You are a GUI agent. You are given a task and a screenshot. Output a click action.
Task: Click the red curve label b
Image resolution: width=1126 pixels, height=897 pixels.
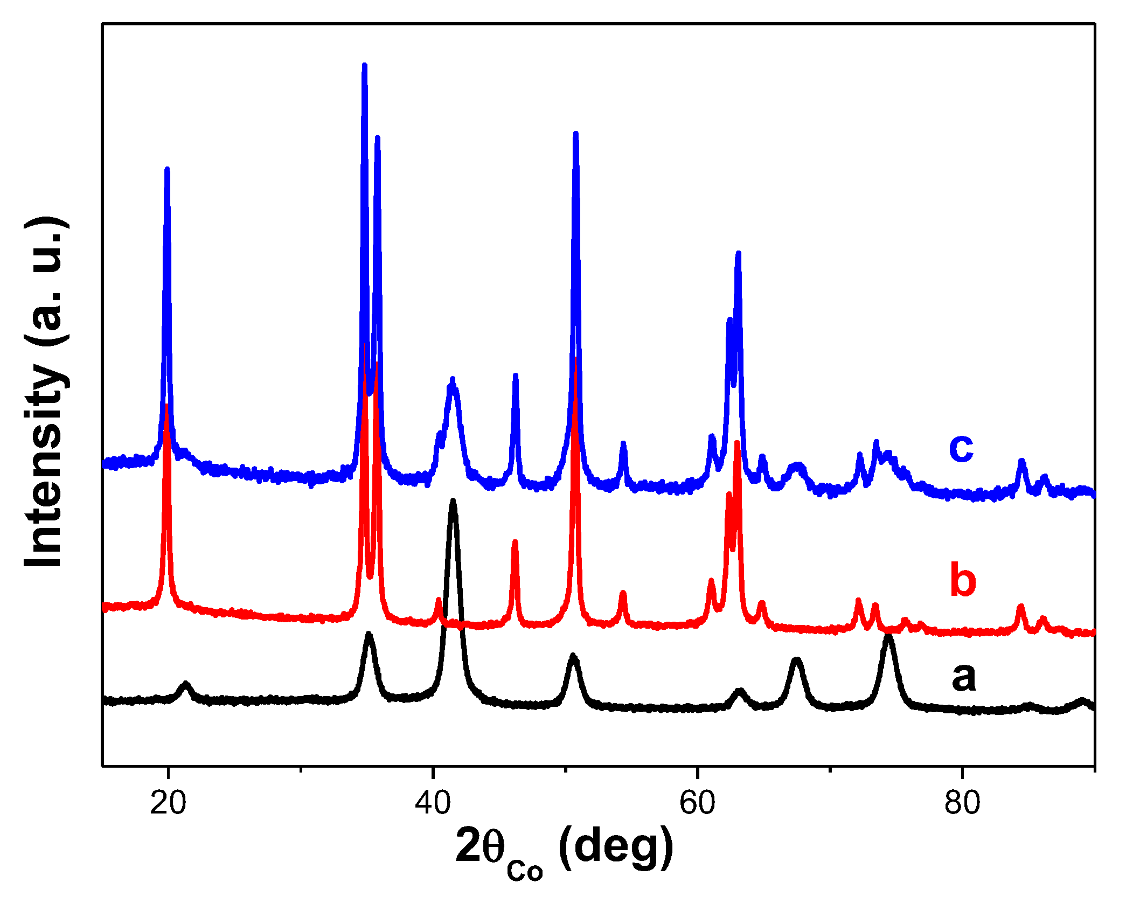click(x=962, y=580)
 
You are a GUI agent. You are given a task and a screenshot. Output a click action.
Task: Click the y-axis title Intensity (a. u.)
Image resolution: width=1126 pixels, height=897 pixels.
click(x=46, y=392)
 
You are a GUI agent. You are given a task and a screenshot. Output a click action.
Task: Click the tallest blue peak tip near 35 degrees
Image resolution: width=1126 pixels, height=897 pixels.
click(x=365, y=66)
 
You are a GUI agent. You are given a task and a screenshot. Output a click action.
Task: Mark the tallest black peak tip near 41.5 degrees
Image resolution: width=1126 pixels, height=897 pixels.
click(x=453, y=501)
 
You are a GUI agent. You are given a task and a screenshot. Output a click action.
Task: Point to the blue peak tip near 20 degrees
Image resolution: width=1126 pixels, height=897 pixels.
click(x=167, y=169)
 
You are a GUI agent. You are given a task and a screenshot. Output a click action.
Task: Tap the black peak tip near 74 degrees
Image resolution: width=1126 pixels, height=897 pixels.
click(x=889, y=637)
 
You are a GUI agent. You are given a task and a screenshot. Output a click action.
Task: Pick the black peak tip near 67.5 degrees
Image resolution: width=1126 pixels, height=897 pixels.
click(x=797, y=659)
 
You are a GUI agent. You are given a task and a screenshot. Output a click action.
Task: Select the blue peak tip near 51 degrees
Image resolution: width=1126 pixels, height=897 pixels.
click(x=576, y=133)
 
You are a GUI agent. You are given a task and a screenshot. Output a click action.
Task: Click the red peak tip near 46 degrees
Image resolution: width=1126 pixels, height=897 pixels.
click(x=515, y=541)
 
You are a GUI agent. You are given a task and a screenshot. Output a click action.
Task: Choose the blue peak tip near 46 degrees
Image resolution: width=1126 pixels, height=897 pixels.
click(x=516, y=375)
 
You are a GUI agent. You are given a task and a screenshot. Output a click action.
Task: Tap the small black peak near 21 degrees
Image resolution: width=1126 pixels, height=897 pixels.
click(x=186, y=684)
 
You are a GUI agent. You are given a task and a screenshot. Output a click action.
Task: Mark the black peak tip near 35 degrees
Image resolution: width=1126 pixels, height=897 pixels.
click(x=369, y=634)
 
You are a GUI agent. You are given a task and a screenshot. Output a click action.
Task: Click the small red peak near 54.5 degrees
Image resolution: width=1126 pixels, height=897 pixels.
click(x=623, y=593)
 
